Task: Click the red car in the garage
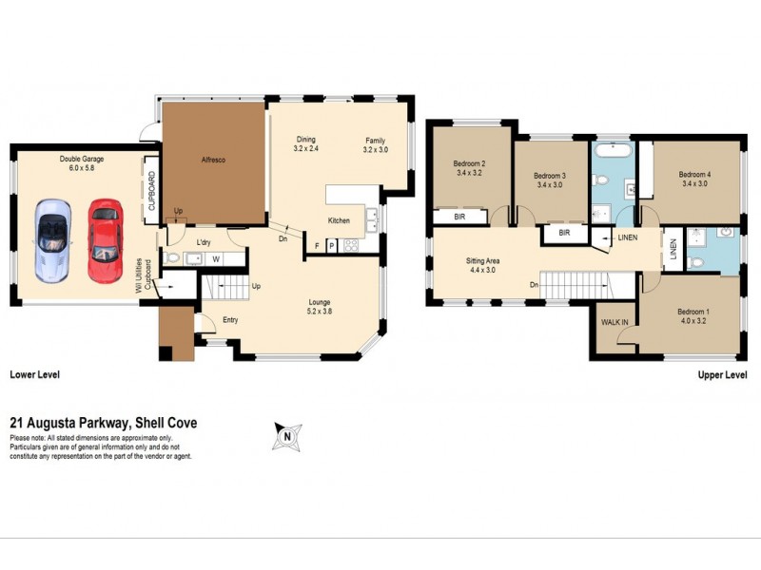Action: click(105, 239)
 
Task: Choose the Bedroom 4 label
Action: click(694, 175)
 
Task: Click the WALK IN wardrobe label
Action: click(615, 322)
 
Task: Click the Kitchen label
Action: click(340, 220)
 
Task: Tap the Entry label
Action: click(231, 320)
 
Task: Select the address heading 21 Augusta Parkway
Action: click(103, 424)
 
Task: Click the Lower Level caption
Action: click(34, 375)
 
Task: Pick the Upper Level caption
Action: click(723, 375)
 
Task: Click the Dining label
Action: click(304, 140)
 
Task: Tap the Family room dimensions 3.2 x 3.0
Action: click(377, 149)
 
